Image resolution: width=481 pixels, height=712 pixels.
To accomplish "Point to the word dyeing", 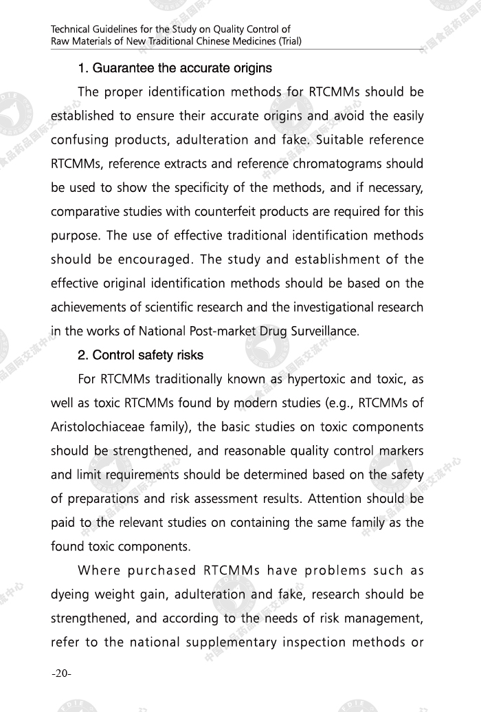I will (71, 594).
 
